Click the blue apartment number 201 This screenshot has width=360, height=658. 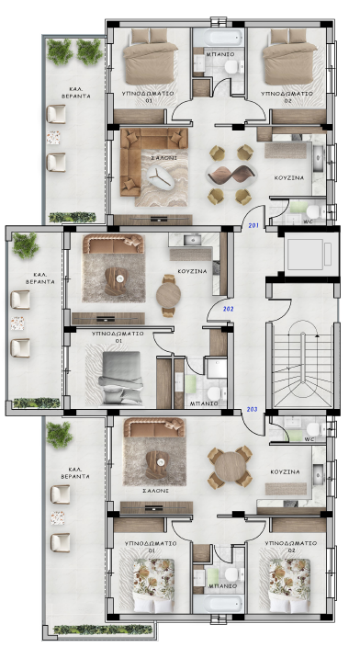[253, 226]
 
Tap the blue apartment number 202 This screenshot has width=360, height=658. [229, 310]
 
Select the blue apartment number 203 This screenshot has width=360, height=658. [253, 410]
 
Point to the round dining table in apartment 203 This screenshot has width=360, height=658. [230, 467]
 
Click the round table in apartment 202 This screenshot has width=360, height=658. [168, 296]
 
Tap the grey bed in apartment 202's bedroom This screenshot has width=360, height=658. [121, 378]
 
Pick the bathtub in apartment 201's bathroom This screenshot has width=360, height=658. [219, 39]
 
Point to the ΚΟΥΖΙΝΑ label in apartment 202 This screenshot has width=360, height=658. [192, 271]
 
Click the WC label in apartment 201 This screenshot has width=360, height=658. [309, 221]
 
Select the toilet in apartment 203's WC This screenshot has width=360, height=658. [313, 429]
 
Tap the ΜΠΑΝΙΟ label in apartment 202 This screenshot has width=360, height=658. [204, 403]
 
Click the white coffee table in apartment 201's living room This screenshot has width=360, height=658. [161, 176]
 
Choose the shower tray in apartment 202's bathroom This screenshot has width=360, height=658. [216, 368]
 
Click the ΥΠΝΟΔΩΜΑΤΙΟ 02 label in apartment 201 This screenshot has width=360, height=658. [287, 96]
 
